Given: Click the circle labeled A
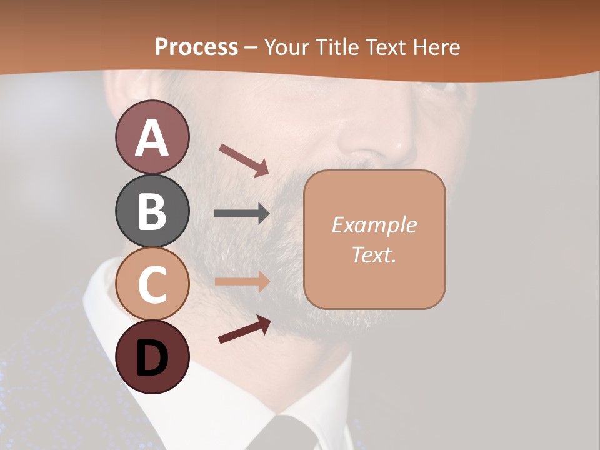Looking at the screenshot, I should tap(152, 137).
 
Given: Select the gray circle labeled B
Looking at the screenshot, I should tap(152, 211).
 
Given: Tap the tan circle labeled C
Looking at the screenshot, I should tap(152, 284).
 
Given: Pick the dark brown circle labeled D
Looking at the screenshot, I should tap(152, 357).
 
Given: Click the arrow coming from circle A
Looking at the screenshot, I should tap(244, 160).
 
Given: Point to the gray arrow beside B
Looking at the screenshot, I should tap(242, 214).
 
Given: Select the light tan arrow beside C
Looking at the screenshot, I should tap(242, 281).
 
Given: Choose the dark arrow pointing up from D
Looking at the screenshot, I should tap(244, 329).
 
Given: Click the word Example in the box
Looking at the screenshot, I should tap(374, 225).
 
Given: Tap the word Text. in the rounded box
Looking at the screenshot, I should tap(374, 254).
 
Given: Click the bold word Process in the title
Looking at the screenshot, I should tap(196, 47).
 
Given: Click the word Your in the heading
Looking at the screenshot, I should tap(286, 47).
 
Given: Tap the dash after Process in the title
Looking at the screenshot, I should tap(251, 47).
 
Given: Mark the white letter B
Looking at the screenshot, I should tap(152, 211).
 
